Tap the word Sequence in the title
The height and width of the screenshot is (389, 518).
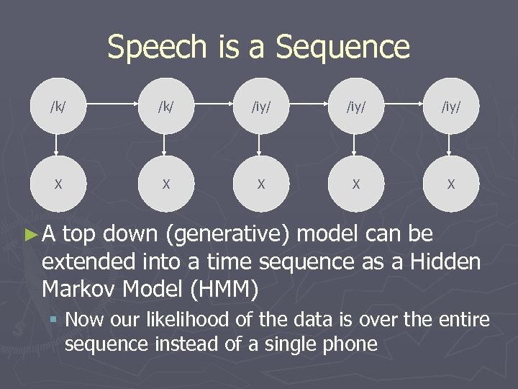click(x=342, y=48)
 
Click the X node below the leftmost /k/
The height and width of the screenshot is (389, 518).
click(x=58, y=184)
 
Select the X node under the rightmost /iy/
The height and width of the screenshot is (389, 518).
click(x=450, y=184)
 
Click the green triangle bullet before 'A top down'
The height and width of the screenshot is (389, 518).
click(x=29, y=233)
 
